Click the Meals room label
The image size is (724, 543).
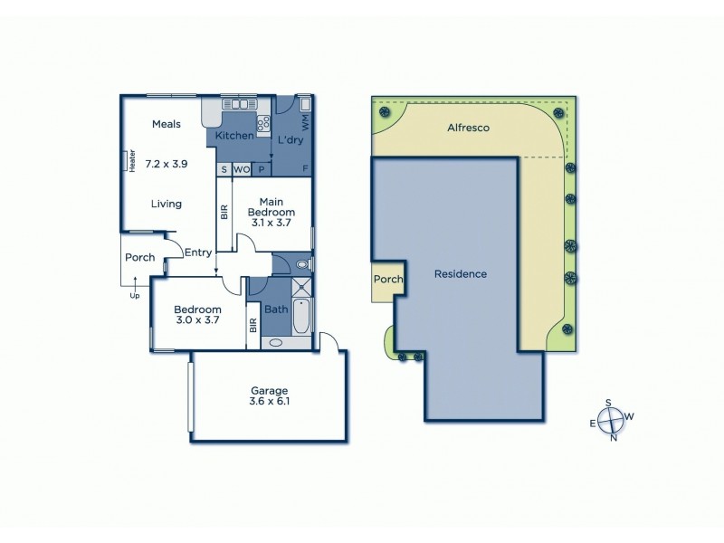167,124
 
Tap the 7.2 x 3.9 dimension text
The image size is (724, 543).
167,166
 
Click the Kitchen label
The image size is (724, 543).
233,136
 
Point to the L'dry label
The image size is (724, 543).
290,140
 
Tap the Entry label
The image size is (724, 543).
197,252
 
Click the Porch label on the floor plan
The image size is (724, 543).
139,258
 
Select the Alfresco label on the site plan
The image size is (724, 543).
468,129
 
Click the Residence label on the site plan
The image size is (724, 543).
461,274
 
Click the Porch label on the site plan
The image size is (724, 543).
387,280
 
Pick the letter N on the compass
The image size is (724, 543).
614,439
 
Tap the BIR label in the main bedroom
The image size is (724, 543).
224,212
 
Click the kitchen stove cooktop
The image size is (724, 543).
265,123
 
